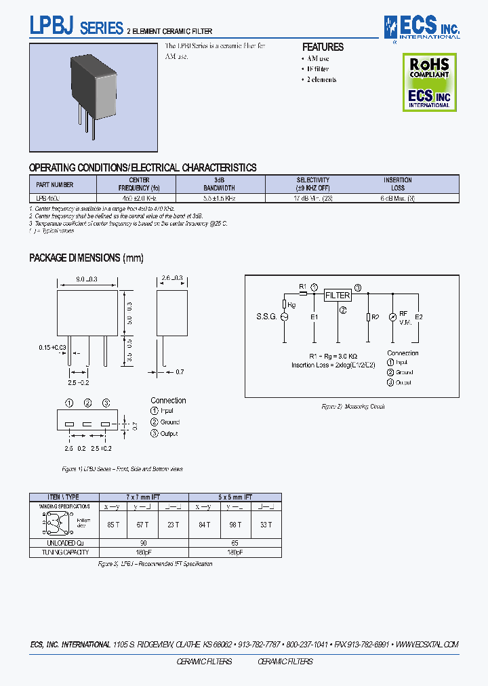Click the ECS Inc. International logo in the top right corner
(x=422, y=27)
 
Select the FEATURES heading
(x=323, y=47)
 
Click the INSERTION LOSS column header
(x=397, y=184)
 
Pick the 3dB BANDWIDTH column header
(x=220, y=184)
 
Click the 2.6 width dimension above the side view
(x=171, y=279)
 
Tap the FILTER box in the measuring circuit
(x=338, y=296)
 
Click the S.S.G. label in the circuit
(x=266, y=317)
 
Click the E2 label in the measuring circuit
(x=418, y=317)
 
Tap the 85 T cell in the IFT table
(x=110, y=524)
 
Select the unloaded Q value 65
(x=234, y=543)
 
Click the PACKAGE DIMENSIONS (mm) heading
(x=86, y=258)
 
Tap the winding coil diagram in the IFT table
(x=55, y=524)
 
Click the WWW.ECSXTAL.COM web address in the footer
(x=426, y=645)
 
